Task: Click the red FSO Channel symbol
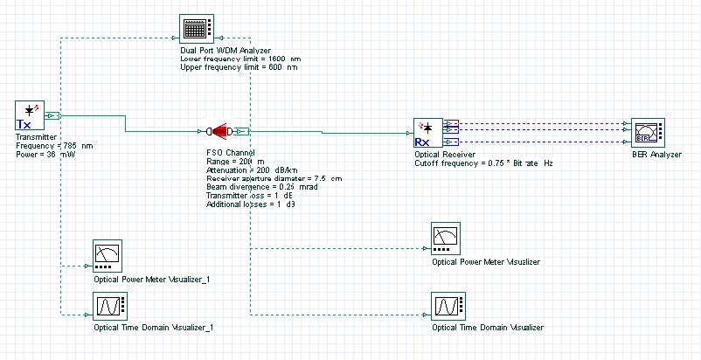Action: click(222, 132)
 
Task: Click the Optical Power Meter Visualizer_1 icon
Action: click(108, 256)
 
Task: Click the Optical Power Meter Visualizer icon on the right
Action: click(447, 239)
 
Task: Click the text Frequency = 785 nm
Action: click(54, 145)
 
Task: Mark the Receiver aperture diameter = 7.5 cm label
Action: click(267, 178)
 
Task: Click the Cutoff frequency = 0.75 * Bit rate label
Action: click(482, 163)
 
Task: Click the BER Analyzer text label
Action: click(656, 155)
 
